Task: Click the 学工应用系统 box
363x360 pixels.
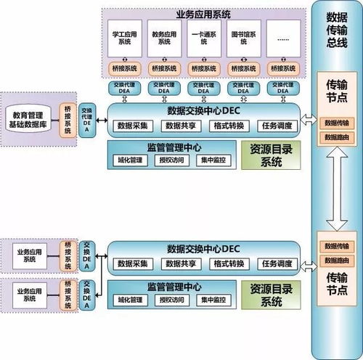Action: pos(126,37)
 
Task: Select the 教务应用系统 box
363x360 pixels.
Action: pos(165,37)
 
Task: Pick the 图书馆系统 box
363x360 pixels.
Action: pos(243,37)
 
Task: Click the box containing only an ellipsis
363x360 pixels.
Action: pos(282,37)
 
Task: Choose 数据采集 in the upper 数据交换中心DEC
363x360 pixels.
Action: pos(132,126)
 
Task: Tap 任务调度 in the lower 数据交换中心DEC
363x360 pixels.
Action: pos(276,263)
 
